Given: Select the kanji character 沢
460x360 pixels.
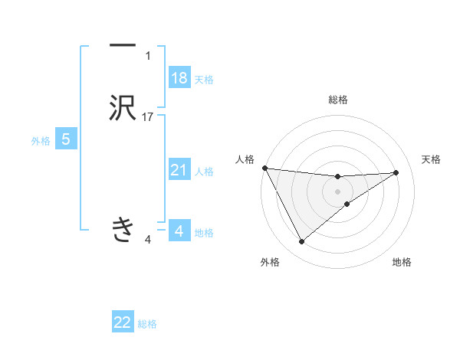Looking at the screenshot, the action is pos(123,108).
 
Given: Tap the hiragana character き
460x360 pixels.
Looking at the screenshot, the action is pos(123,229).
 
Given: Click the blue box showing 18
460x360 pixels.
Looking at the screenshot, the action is pos(179,78).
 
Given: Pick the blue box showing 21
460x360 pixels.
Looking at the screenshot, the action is pos(179,170).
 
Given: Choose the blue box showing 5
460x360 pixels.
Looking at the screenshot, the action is pos(66,139).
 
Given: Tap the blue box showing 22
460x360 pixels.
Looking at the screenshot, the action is pos(123,322).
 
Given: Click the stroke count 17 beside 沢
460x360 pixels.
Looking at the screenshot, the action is pos(149,117).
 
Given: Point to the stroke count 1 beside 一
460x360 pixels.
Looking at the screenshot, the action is pos(148,56).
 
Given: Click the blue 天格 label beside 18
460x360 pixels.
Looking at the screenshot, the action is pos(204,80).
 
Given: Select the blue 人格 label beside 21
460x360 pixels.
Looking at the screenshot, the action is pos(204,172).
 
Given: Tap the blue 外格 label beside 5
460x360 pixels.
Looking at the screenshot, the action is pos(41,141).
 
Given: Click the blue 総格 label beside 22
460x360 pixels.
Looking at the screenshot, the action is pos(148,324).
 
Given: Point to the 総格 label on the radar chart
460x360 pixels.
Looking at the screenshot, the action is pos(338,100).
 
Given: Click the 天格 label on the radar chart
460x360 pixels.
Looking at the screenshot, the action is pos(432,159).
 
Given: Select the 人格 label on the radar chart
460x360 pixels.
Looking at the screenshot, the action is pos(245,159).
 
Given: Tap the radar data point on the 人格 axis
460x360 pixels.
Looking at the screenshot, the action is pos(264,168).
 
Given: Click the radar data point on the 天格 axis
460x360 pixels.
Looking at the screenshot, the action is pos(396,172).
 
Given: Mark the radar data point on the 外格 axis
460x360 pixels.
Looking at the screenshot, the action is pos(301,242).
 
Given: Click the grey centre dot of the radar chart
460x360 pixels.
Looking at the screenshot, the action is pos(338,191).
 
